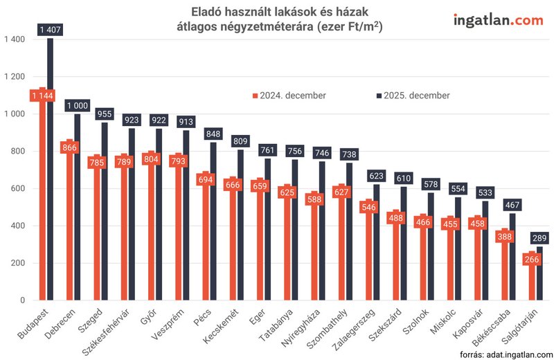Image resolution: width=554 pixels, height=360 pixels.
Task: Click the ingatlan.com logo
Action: (498, 20)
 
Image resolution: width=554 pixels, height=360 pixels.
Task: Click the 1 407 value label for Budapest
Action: (50, 29)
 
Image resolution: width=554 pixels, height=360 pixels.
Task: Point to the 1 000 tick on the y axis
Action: (15, 114)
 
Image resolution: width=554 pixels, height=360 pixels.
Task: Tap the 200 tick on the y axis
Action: (18, 263)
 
